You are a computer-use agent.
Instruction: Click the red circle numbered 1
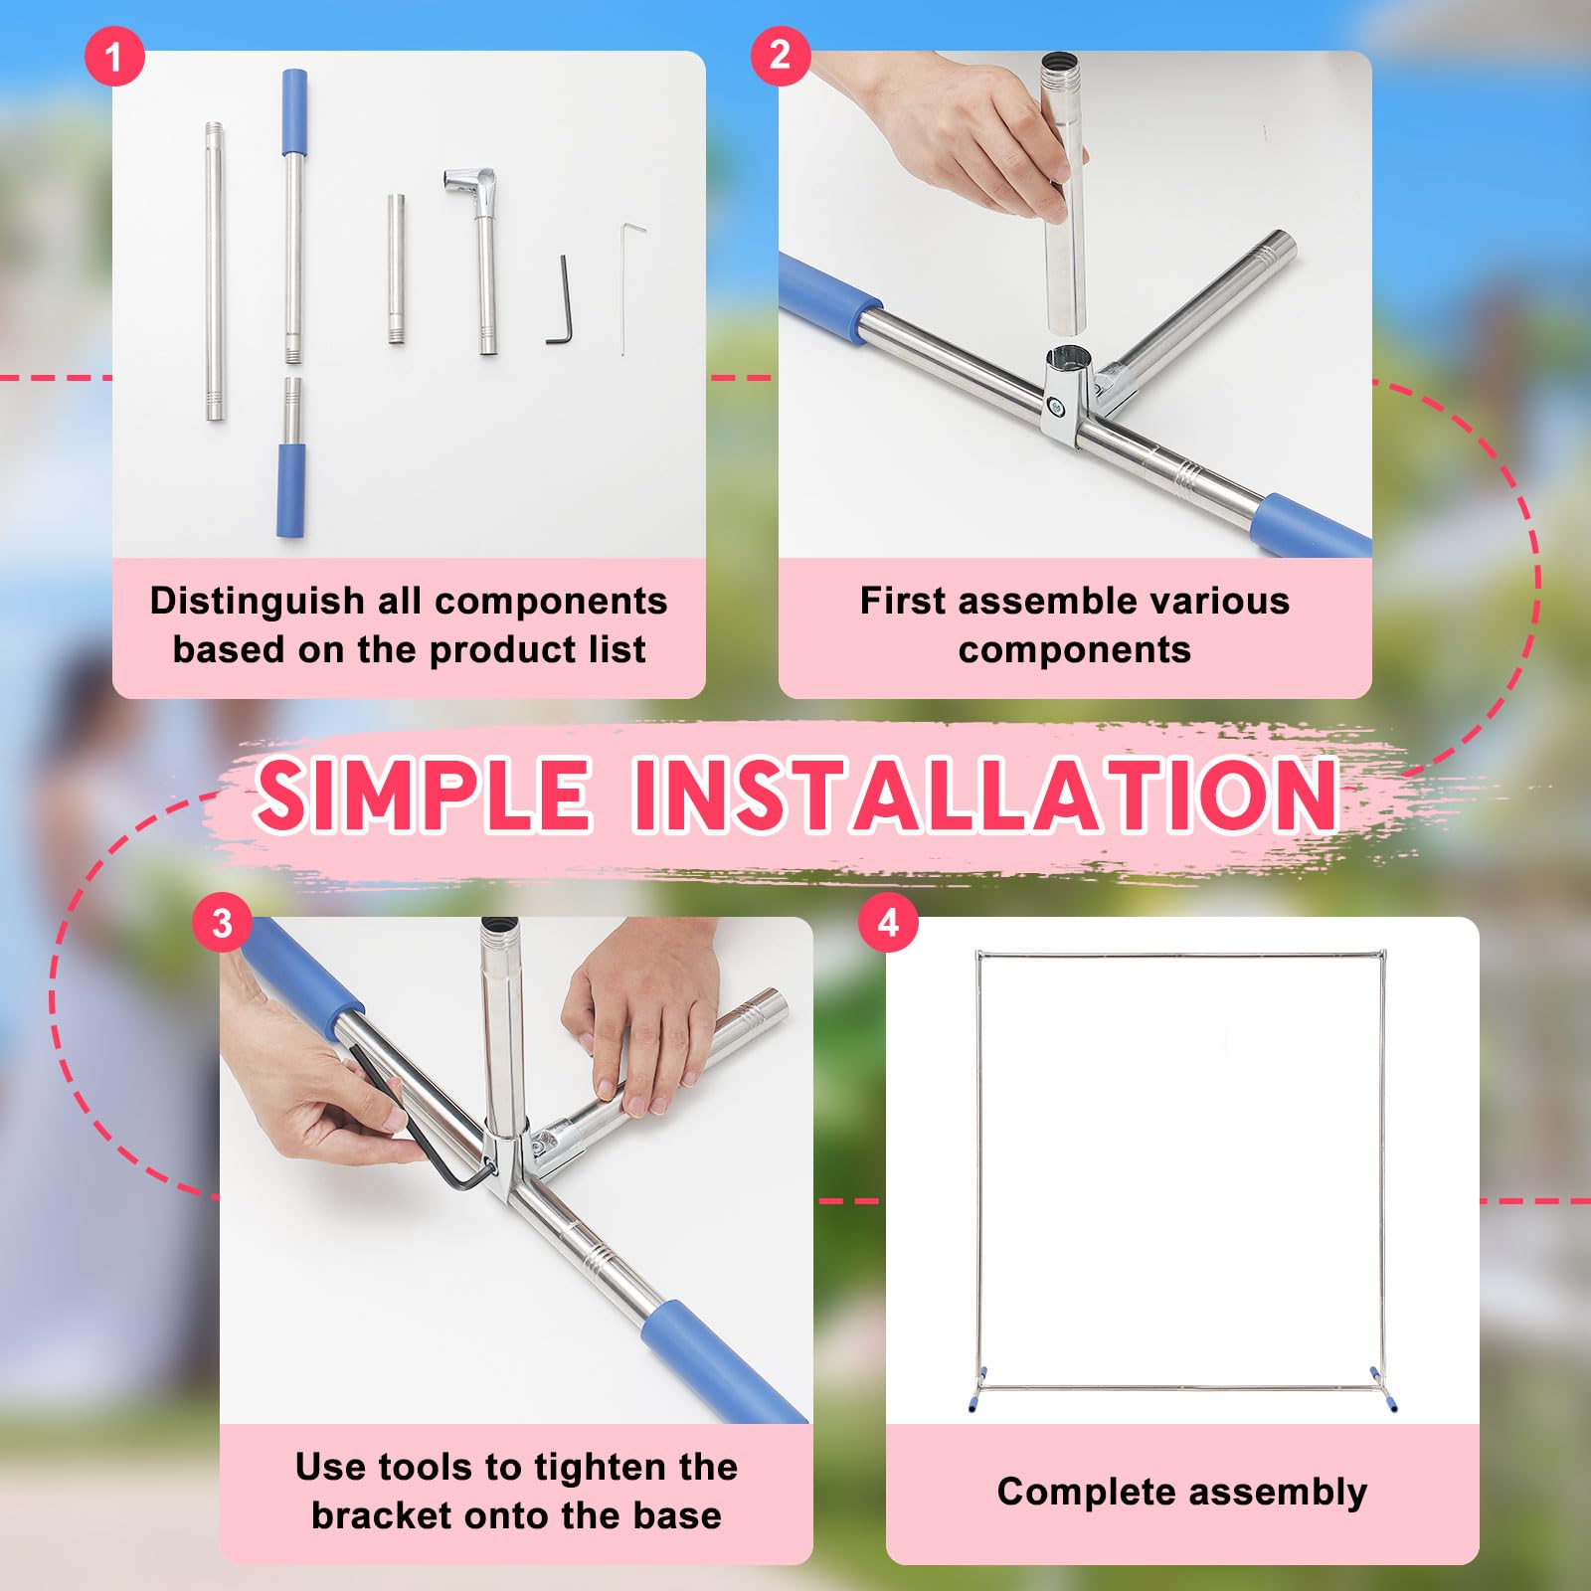pyautogui.click(x=114, y=56)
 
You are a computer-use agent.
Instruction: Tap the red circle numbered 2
pyautogui.click(x=781, y=56)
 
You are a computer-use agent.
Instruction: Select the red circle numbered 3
pyautogui.click(x=222, y=923)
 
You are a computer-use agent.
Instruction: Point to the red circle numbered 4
pyautogui.click(x=888, y=923)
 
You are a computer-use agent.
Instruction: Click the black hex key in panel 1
pyautogui.click(x=561, y=301)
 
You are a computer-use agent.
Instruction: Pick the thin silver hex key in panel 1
pyautogui.click(x=626, y=288)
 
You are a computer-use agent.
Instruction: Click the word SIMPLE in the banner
pyautogui.click(x=423, y=795)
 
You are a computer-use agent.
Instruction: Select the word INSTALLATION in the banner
pyautogui.click(x=984, y=795)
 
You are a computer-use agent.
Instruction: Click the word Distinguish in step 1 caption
pyautogui.click(x=257, y=602)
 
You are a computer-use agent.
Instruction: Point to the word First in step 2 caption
pyautogui.click(x=902, y=601)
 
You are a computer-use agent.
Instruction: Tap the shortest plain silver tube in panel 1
pyautogui.click(x=396, y=269)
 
